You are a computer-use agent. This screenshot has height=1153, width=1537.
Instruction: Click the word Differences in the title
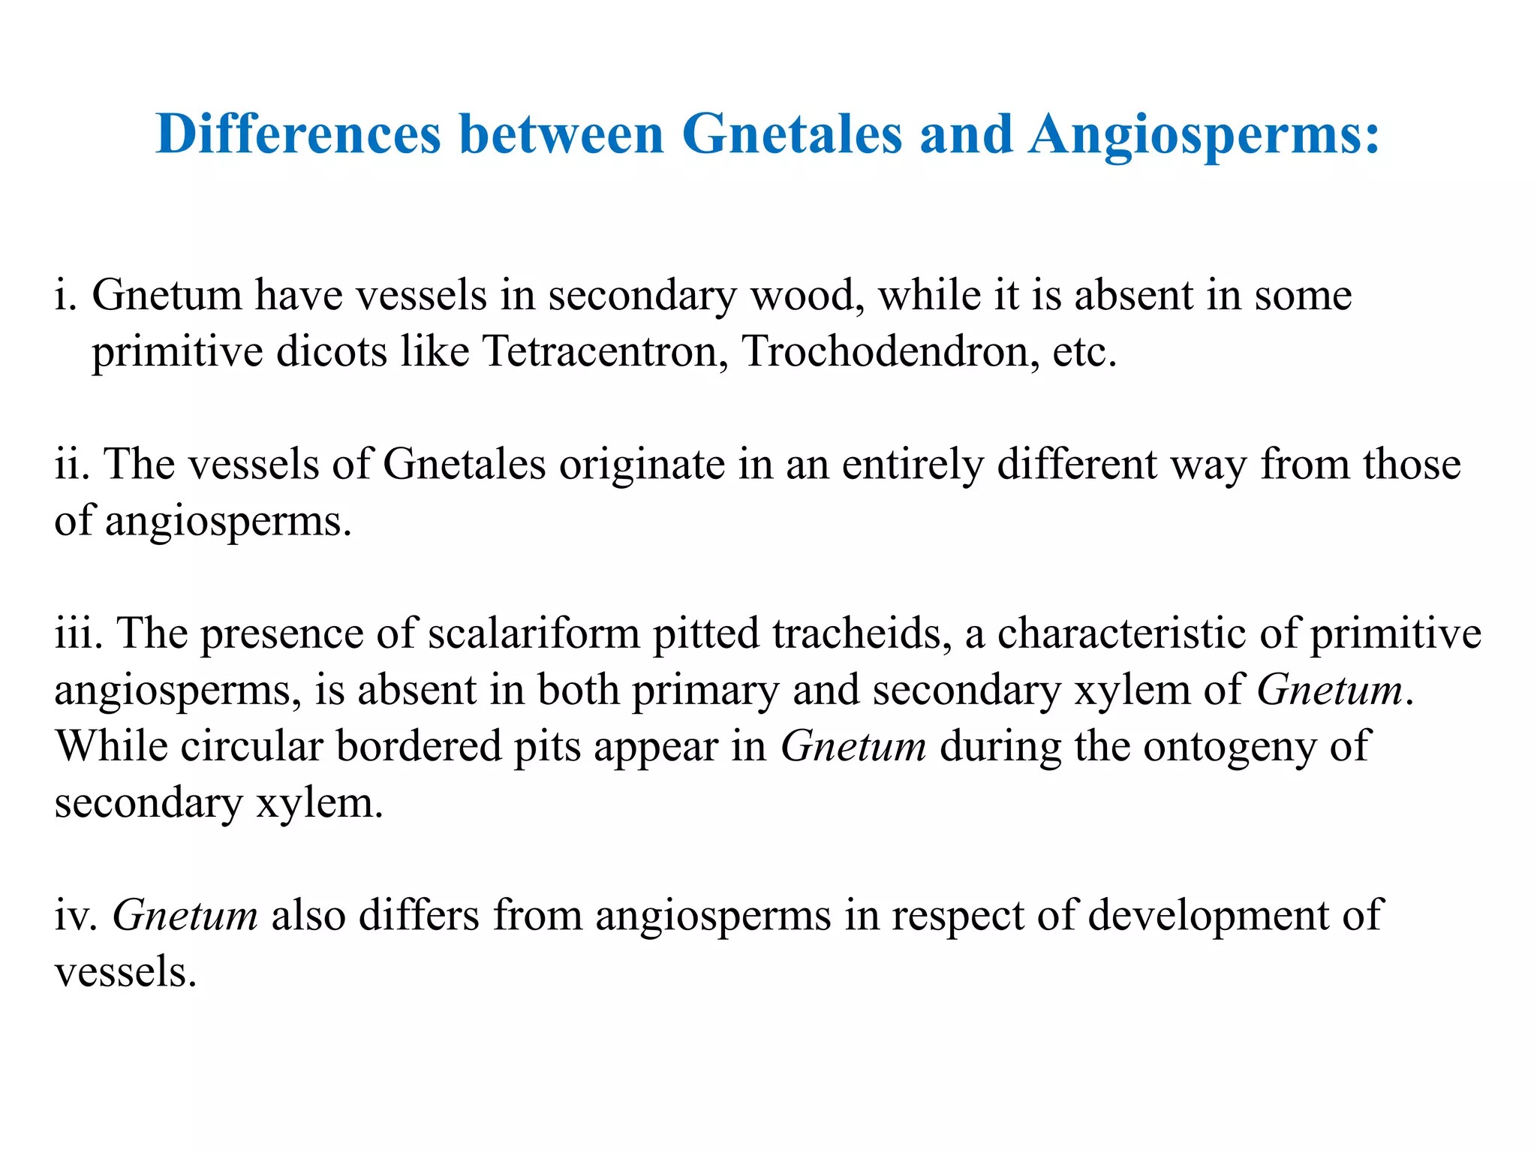(x=299, y=134)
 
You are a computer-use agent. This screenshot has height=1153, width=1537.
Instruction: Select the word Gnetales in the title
(x=792, y=134)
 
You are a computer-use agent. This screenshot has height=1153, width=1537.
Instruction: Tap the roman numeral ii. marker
(x=73, y=463)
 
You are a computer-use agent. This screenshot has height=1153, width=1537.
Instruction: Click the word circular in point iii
(x=251, y=747)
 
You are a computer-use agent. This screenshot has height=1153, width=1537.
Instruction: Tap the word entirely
(x=913, y=465)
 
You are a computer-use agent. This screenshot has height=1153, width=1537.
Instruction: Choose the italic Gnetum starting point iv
(x=185, y=916)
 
